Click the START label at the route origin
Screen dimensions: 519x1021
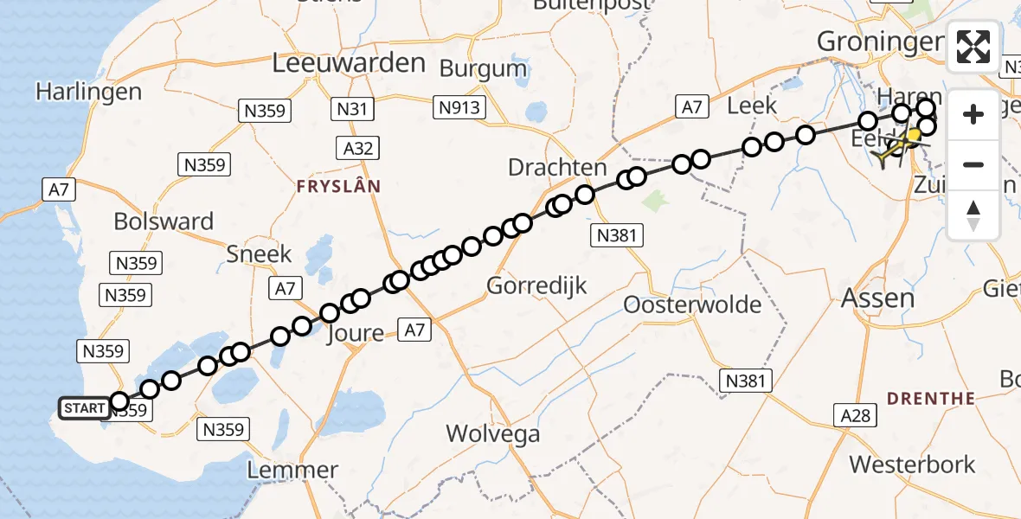click(x=84, y=407)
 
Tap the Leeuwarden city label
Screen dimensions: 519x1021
click(x=349, y=62)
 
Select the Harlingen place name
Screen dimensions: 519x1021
click(x=89, y=92)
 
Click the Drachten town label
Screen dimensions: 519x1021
click(x=557, y=167)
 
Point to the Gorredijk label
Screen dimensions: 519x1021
click(x=537, y=285)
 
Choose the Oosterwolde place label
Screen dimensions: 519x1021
click(x=692, y=304)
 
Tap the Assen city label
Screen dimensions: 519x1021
click(x=878, y=299)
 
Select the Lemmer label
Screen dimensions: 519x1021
click(x=292, y=471)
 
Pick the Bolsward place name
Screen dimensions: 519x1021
click(x=164, y=221)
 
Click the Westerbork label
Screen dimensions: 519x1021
click(x=912, y=464)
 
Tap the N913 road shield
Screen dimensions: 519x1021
click(x=459, y=107)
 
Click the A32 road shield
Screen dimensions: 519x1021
click(x=357, y=149)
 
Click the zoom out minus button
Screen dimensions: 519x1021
click(x=973, y=164)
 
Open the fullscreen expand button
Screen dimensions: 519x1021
click(x=973, y=47)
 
